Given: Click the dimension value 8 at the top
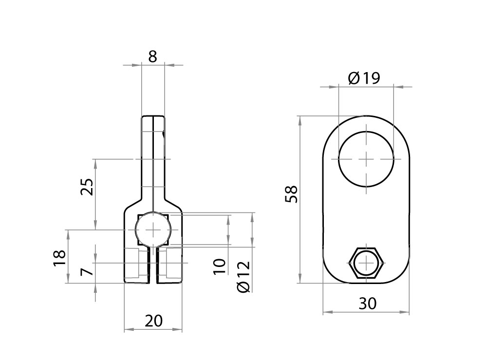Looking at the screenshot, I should click(152, 57).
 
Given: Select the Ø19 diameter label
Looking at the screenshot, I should click(364, 78).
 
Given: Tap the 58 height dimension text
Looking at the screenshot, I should click(292, 194).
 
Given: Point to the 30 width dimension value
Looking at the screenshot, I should click(368, 303).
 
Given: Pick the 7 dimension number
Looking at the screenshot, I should click(87, 271).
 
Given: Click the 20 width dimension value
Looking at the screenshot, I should click(153, 321).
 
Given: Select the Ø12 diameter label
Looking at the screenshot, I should click(243, 277).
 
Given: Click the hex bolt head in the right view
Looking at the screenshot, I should click(366, 263).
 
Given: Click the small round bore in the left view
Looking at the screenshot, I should click(153, 229).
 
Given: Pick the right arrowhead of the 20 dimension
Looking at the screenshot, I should click(180, 330).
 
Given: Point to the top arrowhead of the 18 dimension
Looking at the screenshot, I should click(68, 232).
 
